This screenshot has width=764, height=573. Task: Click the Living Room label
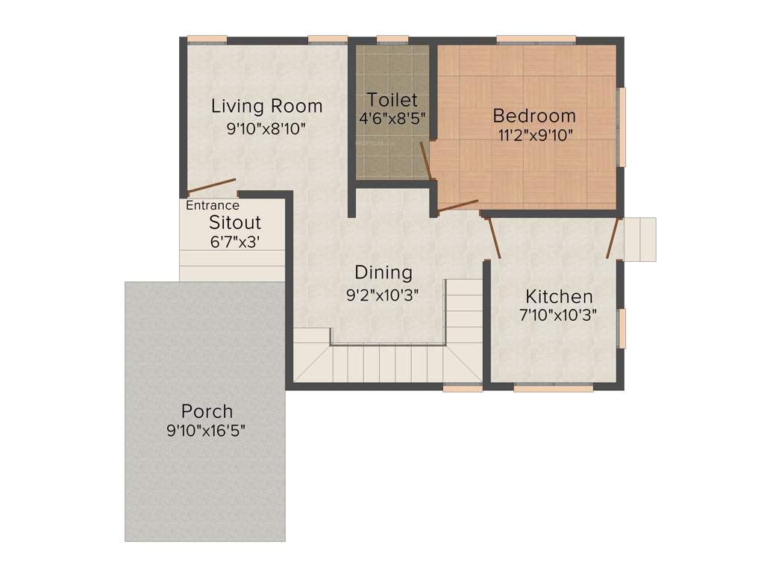(x=266, y=106)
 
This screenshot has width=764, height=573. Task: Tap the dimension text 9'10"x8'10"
(x=266, y=128)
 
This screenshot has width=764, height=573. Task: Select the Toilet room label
(x=392, y=100)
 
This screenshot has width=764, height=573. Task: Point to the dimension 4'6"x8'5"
(x=392, y=118)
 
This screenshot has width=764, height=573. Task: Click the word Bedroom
(x=534, y=116)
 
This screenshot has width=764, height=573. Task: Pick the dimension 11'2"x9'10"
(x=534, y=135)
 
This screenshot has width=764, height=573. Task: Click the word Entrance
(x=213, y=206)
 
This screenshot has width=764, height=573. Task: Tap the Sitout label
(x=235, y=222)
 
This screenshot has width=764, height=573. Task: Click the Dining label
(x=383, y=272)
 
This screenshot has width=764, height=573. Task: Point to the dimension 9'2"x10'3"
(x=383, y=295)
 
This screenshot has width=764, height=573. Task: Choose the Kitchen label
(x=559, y=296)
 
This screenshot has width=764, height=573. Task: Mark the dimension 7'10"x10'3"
(x=558, y=315)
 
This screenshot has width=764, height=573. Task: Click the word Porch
(x=207, y=411)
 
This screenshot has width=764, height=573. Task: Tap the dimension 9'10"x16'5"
(x=207, y=430)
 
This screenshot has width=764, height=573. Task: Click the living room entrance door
(x=211, y=186)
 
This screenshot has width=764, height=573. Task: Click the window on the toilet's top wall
(x=392, y=40)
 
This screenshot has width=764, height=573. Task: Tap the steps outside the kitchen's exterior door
(x=639, y=239)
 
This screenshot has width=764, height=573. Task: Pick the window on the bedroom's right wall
(x=621, y=127)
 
